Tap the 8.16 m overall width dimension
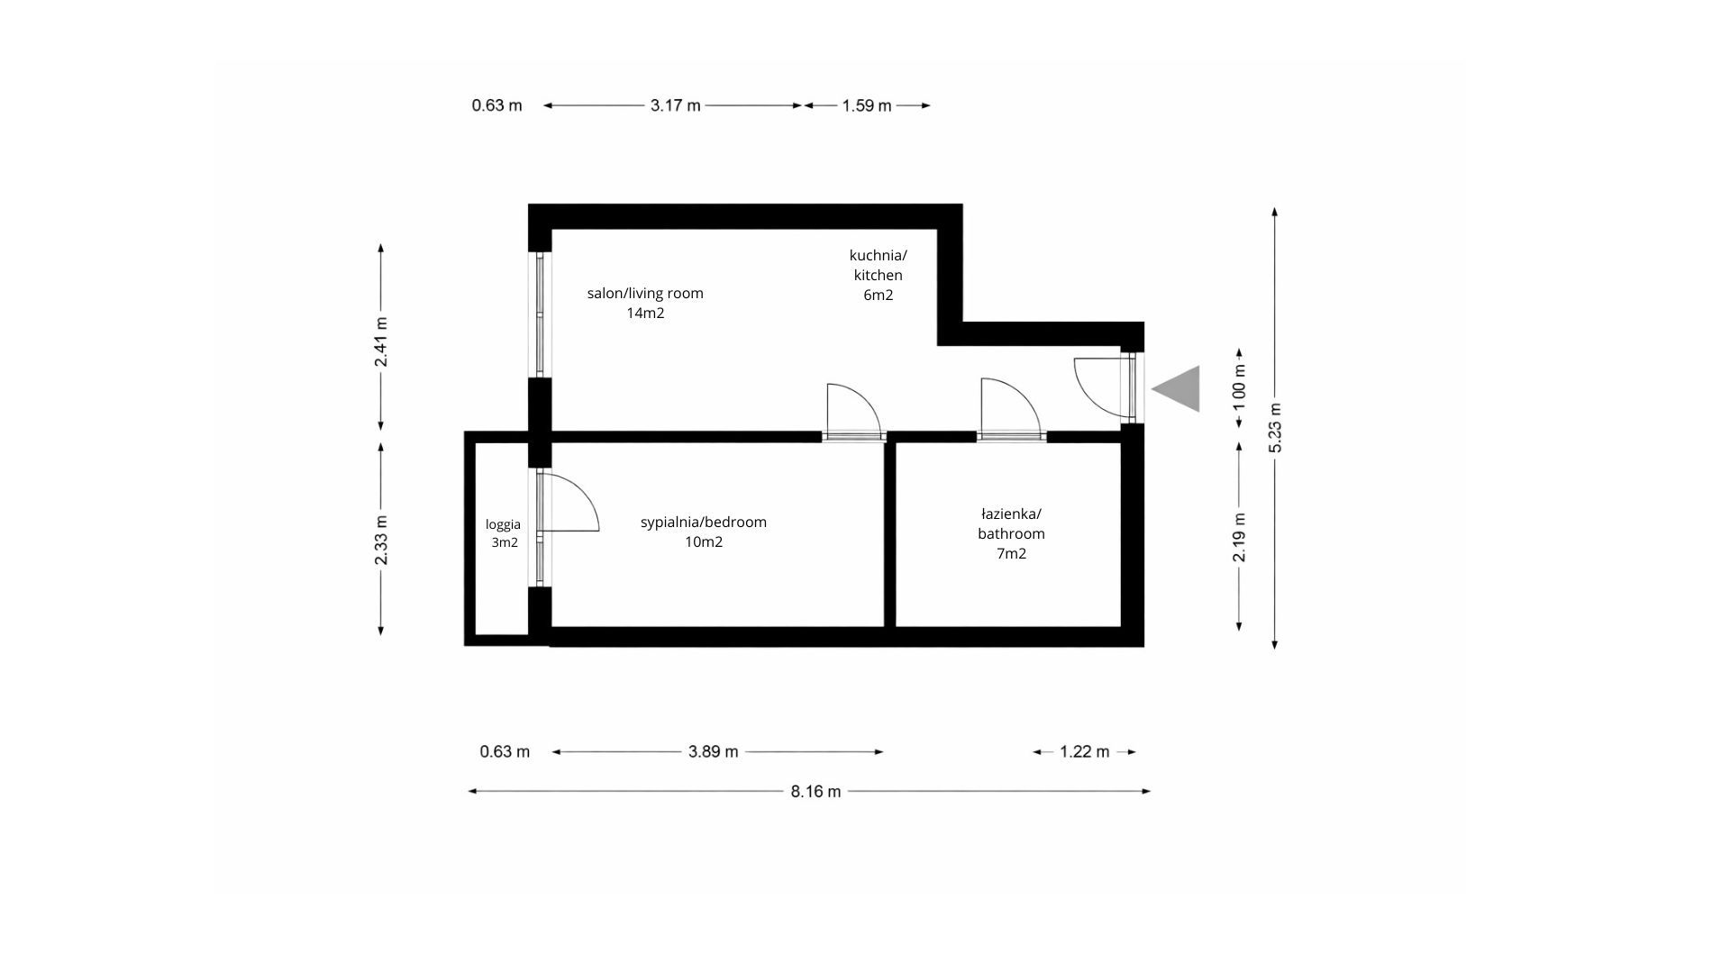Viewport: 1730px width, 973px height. pos(815,791)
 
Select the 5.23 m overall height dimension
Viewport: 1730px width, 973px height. pos(1274,426)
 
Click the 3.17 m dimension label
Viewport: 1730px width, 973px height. pos(675,105)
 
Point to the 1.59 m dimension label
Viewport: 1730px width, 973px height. pos(866,105)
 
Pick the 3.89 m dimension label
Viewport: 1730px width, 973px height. pos(713,751)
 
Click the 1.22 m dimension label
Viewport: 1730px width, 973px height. pos(1084,751)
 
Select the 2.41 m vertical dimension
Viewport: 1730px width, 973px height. pos(381,341)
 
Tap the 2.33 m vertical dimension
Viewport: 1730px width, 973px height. pos(381,540)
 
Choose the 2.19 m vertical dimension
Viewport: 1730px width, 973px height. pos(1240,537)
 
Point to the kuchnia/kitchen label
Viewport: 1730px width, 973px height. pos(878,275)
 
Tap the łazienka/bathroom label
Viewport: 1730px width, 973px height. pos(1011,533)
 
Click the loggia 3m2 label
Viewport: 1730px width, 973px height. pos(504,533)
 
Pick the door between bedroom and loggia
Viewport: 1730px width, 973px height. pos(568,505)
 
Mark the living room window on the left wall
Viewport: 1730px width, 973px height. pos(540,314)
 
